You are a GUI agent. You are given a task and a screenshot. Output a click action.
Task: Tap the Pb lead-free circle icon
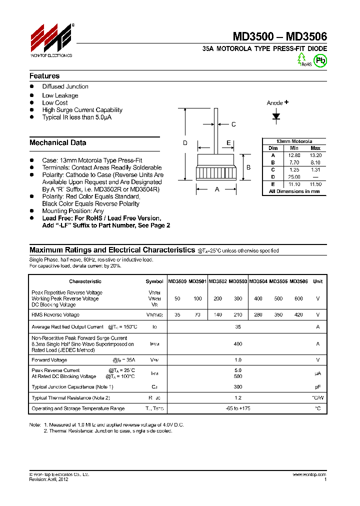pos(320,60)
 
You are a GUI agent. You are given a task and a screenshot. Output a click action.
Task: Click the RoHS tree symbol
pos(301,59)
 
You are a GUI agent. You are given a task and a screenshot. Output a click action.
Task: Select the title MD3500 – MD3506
pos(279,36)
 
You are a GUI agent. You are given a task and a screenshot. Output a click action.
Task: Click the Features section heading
pos(44,76)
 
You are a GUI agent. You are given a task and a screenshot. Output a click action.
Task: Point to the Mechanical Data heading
pos(57,142)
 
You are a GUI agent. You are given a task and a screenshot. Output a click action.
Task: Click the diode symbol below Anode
pos(276,116)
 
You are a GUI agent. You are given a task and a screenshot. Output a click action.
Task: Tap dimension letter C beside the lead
pos(233,124)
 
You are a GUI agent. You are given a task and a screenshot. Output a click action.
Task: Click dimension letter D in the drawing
pos(185,143)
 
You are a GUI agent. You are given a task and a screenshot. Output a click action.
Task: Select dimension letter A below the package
pos(216,189)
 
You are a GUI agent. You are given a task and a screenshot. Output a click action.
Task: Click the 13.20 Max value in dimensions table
pos(315,155)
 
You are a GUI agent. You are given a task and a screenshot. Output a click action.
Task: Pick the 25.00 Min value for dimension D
pos(294,177)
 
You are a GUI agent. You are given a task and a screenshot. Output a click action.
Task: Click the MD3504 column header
pos(258,281)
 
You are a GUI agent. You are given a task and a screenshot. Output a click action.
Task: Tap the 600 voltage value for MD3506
pos(298,298)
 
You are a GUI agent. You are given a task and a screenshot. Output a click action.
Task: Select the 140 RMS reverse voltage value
pos(217,315)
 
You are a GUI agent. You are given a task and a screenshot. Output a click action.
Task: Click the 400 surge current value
pos(237,344)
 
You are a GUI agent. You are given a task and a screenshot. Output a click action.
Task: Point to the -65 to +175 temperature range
pos(237,408)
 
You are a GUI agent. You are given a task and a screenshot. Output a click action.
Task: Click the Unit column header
pos(317,281)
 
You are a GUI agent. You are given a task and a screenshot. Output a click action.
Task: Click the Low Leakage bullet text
pos(60,95)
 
